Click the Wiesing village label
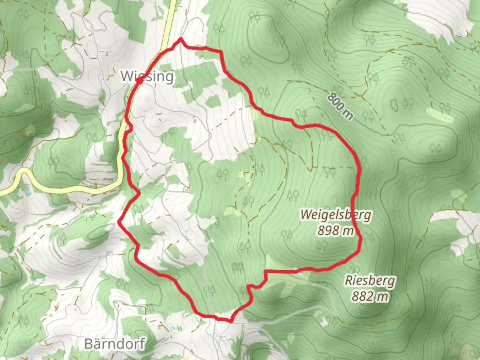147,76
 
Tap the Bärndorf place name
115,344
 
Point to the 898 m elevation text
335,230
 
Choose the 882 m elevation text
370,296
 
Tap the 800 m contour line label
340,106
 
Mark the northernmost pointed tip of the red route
181,39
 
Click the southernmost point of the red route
230,321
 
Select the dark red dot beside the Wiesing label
138,80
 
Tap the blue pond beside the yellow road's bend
29,192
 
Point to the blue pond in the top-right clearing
460,34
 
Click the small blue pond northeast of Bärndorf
173,328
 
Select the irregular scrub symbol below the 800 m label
394,106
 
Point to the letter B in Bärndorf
89,344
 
